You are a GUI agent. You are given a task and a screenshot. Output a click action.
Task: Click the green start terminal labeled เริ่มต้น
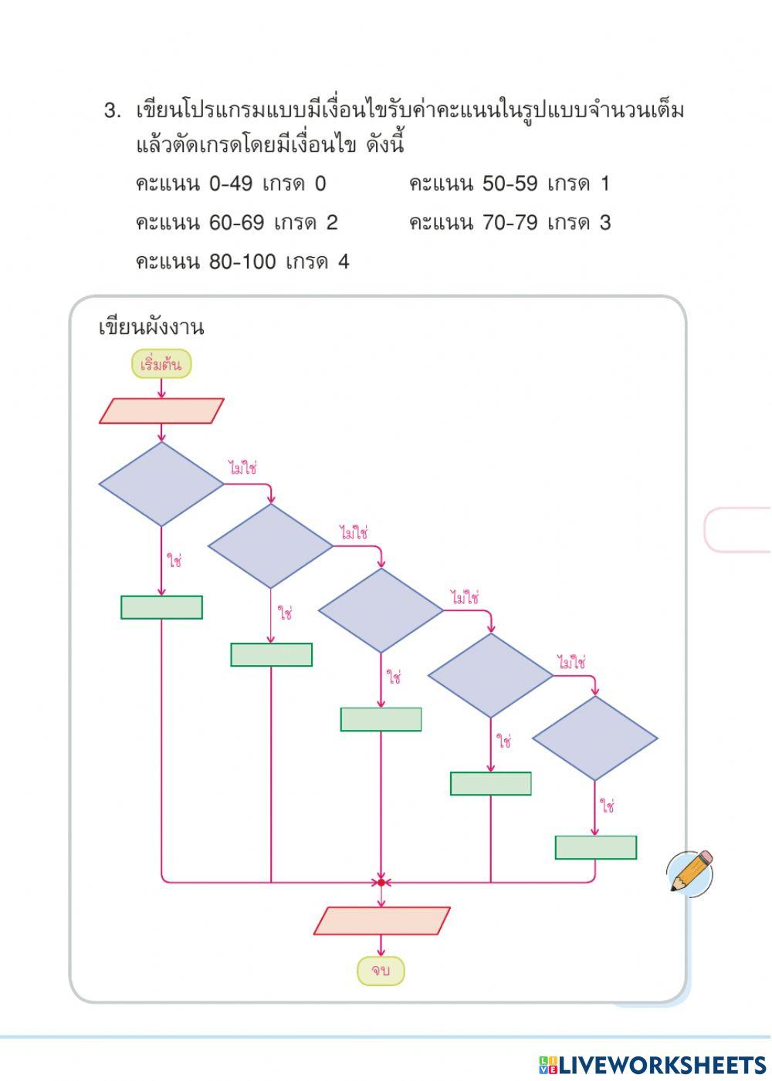(x=161, y=364)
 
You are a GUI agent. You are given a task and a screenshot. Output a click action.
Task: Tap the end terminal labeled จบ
(x=380, y=971)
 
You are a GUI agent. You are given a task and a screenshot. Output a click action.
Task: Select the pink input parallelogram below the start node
(x=161, y=411)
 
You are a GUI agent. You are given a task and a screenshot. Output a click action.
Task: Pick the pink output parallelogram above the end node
(x=381, y=921)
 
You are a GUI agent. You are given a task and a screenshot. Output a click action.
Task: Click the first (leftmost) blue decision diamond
(x=161, y=485)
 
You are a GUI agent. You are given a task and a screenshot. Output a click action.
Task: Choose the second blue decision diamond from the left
(x=270, y=546)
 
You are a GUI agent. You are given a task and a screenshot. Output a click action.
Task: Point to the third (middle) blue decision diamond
(x=381, y=610)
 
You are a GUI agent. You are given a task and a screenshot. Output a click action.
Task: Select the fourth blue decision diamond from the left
(x=490, y=676)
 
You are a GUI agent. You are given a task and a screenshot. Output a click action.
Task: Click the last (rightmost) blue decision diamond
(x=594, y=738)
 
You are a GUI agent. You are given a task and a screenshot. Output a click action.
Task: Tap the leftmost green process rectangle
(x=161, y=607)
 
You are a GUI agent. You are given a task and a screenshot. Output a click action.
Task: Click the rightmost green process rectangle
(x=595, y=847)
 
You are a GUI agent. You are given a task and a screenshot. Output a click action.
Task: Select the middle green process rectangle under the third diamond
(x=381, y=719)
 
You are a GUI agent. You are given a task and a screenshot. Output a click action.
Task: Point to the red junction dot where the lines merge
(x=381, y=882)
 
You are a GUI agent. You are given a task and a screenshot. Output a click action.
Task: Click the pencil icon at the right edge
(x=691, y=872)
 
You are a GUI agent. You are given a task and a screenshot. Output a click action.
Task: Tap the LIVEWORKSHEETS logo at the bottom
(x=652, y=1065)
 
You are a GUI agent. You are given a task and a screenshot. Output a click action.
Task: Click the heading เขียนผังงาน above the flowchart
(x=151, y=327)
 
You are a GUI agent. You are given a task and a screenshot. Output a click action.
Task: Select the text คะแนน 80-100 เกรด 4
(x=242, y=262)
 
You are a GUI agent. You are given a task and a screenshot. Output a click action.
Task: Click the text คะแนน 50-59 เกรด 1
(x=509, y=184)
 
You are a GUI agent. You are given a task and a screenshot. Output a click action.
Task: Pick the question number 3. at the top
(x=113, y=111)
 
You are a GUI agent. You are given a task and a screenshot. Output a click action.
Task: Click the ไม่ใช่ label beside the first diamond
(x=242, y=468)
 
